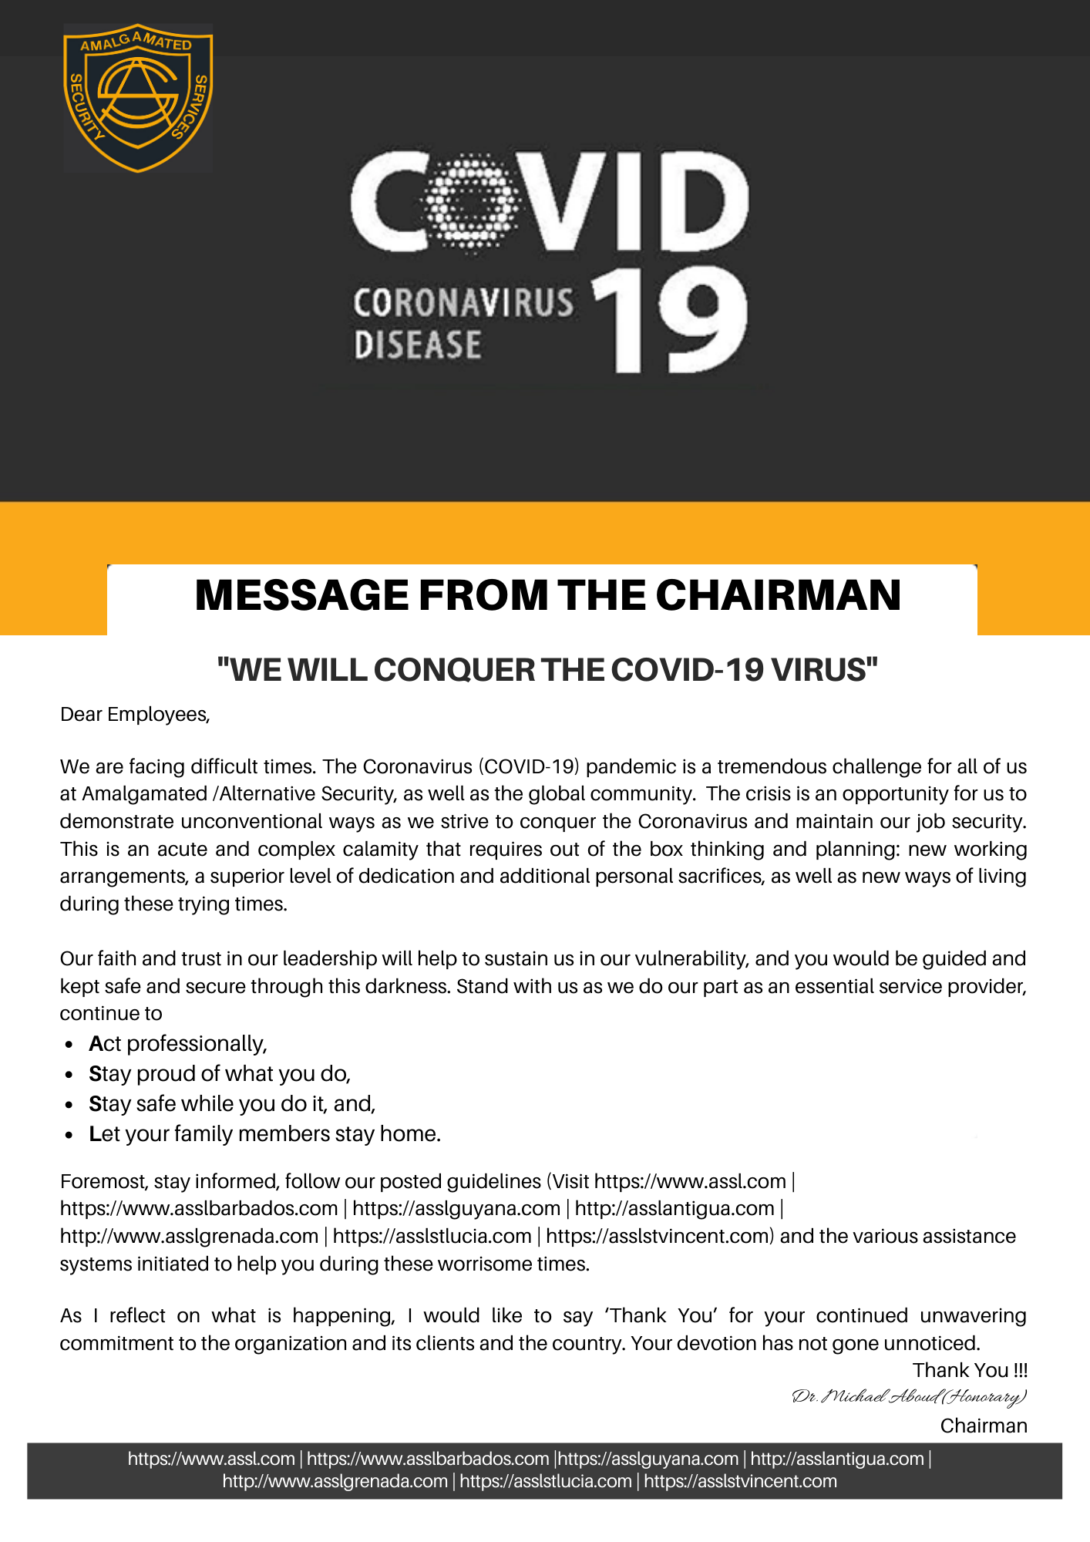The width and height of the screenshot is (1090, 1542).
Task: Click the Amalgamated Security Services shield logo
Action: coord(137,97)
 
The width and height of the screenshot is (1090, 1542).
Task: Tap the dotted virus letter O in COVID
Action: coord(470,203)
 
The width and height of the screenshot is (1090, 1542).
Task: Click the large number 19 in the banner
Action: coord(669,322)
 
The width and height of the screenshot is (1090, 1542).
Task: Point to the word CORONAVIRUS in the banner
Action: coord(463,303)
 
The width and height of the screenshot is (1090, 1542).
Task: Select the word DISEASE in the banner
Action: coord(418,345)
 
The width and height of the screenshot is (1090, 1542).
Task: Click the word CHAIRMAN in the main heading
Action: coord(778,595)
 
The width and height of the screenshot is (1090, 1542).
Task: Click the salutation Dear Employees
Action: coord(135,715)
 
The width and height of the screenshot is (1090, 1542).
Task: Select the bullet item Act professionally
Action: coord(178,1044)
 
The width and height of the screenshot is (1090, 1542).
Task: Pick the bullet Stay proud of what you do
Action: coord(220,1074)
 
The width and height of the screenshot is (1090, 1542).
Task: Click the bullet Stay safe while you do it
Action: coord(232,1104)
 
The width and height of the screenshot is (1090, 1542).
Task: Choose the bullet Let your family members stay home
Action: coord(264,1134)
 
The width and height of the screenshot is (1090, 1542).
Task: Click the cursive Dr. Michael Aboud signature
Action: coord(910,1397)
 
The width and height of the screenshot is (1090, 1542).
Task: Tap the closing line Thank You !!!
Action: coord(970,1370)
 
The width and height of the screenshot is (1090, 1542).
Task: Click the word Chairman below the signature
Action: coord(984,1426)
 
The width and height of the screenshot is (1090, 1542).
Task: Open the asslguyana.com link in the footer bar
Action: coord(648,1459)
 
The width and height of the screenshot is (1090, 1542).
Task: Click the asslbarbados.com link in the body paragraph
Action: coord(199,1208)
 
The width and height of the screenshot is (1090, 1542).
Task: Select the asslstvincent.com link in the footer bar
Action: coord(740,1481)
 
